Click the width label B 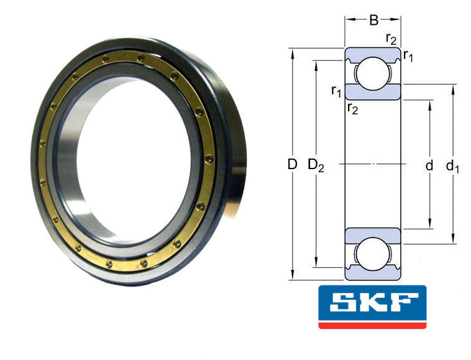click(373, 21)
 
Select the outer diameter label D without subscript click(292, 165)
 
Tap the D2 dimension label click(316, 165)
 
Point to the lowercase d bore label click(429, 165)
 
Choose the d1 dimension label click(452, 166)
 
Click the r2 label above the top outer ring click(391, 39)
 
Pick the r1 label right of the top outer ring click(408, 56)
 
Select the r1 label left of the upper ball click(336, 91)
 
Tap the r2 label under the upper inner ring click(352, 109)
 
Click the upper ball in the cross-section click(372, 72)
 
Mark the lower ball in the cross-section click(372, 256)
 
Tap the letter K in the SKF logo click(373, 304)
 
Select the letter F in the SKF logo click(403, 304)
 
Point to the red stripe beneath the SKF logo click(372, 325)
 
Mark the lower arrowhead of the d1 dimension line click(453, 239)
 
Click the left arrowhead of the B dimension click(349, 20)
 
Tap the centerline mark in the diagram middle click(373, 164)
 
